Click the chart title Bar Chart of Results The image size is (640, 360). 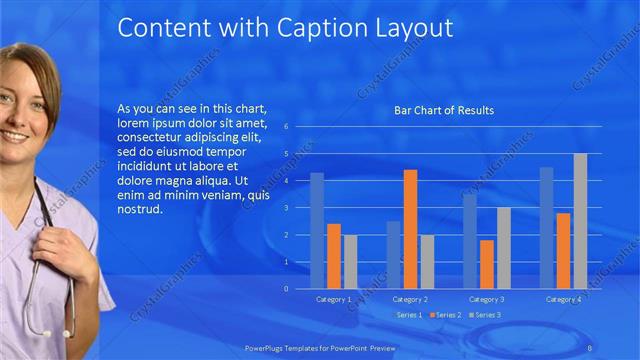[444, 110]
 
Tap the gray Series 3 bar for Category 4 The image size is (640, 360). [580, 220]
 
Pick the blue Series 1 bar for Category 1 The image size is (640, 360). [317, 230]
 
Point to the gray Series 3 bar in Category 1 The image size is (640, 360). [350, 261]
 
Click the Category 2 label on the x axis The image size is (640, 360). [410, 299]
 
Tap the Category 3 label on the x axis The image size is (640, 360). [487, 299]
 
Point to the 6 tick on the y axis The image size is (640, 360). [286, 127]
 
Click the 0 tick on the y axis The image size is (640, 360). [286, 288]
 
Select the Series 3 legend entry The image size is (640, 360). [486, 315]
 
